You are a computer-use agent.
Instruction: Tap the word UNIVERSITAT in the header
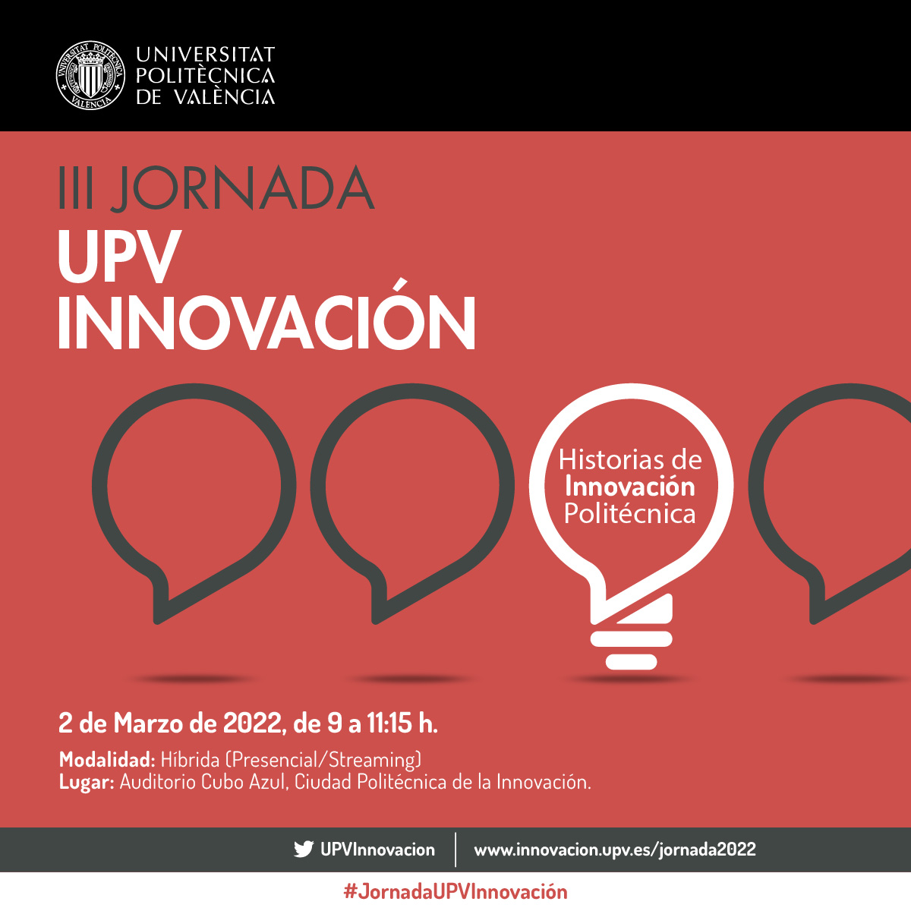pyautogui.click(x=205, y=55)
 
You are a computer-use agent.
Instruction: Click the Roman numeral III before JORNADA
pyautogui.click(x=76, y=188)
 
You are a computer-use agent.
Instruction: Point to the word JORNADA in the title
pyautogui.click(x=242, y=188)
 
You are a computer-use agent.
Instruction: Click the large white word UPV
pyautogui.click(x=119, y=257)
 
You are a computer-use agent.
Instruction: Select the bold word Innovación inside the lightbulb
pyautogui.click(x=630, y=487)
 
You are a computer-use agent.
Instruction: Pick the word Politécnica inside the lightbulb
pyautogui.click(x=630, y=514)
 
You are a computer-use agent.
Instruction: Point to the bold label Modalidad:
pyautogui.click(x=107, y=760)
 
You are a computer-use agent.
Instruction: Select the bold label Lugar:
pyautogui.click(x=87, y=782)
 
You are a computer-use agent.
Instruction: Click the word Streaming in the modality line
pyautogui.click(x=373, y=760)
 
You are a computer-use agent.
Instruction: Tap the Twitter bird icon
pyautogui.click(x=304, y=850)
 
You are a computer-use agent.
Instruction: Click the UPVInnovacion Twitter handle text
pyautogui.click(x=377, y=850)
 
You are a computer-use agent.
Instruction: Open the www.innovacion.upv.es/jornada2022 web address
pyautogui.click(x=615, y=850)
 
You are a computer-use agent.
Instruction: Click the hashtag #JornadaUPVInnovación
pyautogui.click(x=455, y=891)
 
